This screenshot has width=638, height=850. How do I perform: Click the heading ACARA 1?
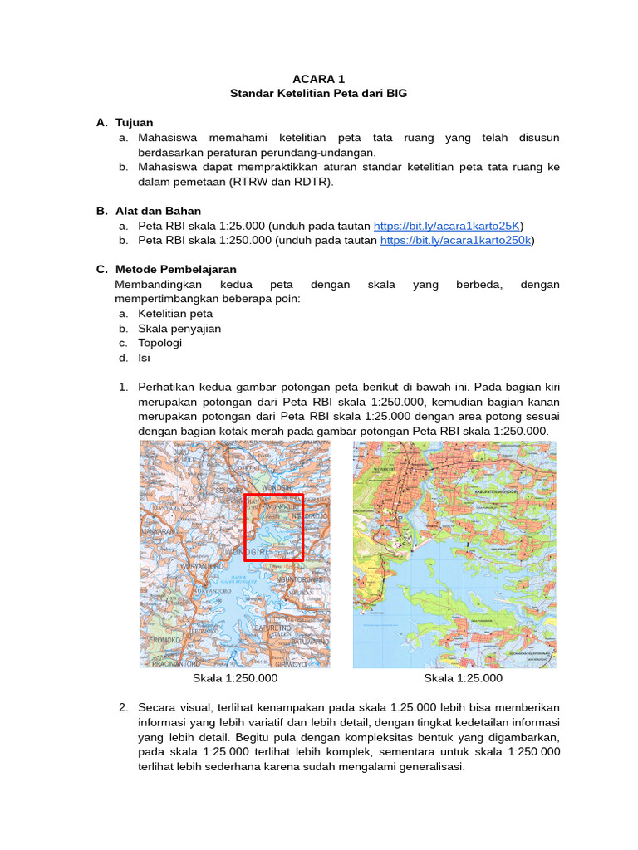pyautogui.click(x=318, y=79)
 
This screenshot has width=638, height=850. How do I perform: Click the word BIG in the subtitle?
pyautogui.click(x=395, y=94)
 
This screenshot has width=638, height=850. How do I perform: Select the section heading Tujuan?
pyautogui.click(x=134, y=123)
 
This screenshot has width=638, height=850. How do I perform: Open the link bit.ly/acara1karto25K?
pyautogui.click(x=448, y=226)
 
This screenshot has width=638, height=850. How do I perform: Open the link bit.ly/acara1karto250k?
pyautogui.click(x=456, y=241)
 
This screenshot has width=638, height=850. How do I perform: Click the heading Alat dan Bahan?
pyautogui.click(x=158, y=211)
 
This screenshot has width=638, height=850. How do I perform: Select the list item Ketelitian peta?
pyautogui.click(x=175, y=314)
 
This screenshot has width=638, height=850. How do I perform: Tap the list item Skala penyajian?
pyautogui.click(x=179, y=329)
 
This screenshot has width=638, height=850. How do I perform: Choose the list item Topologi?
pyautogui.click(x=159, y=343)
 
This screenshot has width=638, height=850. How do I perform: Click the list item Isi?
pyautogui.click(x=144, y=358)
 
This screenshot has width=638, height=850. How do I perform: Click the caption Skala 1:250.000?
pyautogui.click(x=235, y=678)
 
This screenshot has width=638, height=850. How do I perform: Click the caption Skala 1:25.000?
pyautogui.click(x=463, y=678)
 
